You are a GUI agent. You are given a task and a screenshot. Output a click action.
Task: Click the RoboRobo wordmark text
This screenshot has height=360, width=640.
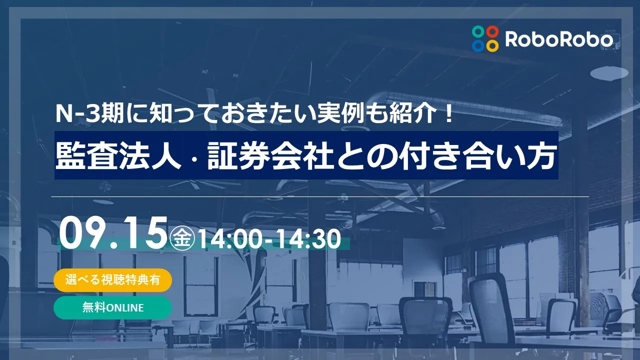tap(559, 39)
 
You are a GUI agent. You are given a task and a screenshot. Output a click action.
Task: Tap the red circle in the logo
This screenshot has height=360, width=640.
tap(492, 31)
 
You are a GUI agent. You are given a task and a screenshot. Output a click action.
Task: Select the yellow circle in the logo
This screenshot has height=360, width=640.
tap(492, 45)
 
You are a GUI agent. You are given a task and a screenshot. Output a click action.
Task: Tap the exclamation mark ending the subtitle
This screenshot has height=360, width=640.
tap(449, 113)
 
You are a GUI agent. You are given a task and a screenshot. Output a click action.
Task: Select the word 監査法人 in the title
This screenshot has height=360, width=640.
tap(118, 155)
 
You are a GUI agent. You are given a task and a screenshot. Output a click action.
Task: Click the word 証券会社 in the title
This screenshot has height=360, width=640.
tap(270, 155)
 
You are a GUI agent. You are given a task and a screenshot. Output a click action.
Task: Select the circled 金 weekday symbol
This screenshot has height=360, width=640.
tap(182, 238)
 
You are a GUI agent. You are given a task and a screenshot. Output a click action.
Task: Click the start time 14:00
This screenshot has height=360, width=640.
tap(229, 239)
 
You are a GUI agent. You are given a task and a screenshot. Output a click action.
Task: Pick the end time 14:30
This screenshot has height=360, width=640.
tap(308, 239)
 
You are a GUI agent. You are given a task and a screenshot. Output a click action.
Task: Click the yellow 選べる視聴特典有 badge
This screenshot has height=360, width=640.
tap(113, 280)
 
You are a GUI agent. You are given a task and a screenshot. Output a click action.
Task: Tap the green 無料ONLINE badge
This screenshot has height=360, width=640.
tap(113, 307)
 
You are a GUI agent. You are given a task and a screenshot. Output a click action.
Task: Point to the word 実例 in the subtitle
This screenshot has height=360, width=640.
tap(341, 113)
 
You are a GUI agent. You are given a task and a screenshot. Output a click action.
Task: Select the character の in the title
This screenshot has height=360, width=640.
tap(381, 156)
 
